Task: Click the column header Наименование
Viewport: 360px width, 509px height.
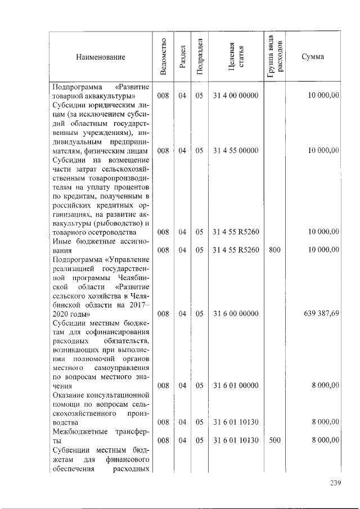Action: tap(102, 57)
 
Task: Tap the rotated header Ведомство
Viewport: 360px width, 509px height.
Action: tap(163, 57)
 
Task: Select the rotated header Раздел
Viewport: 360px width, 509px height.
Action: tap(182, 57)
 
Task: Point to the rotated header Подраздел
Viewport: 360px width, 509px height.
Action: tap(199, 57)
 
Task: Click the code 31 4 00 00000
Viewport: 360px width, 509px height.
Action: tap(236, 96)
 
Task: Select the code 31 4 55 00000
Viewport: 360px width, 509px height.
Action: tap(236, 150)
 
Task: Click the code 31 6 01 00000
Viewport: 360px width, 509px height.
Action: tap(236, 385)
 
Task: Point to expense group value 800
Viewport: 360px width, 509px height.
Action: tap(274, 249)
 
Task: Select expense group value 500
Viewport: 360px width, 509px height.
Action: tap(274, 440)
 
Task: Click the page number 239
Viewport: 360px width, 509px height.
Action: tap(336, 482)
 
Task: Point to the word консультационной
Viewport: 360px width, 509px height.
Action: tap(119, 395)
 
